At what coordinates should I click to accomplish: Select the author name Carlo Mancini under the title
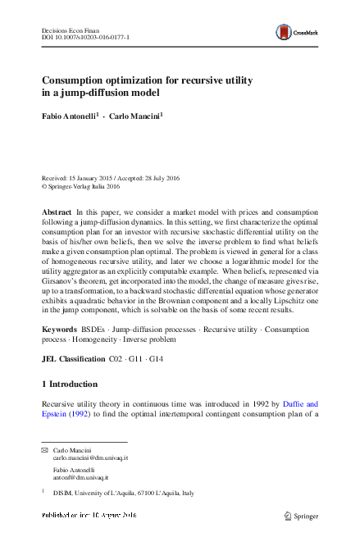click(x=135, y=116)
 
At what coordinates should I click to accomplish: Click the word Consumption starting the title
click(x=75, y=80)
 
